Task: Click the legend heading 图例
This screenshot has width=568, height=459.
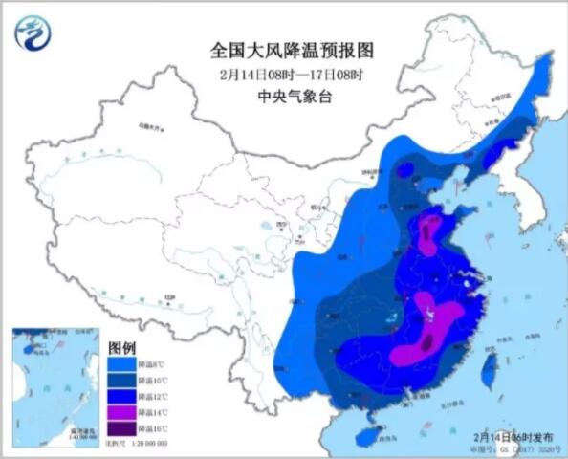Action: (122, 346)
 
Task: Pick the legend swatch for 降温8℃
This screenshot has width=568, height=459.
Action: (121, 364)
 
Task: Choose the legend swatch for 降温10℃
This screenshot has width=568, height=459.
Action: (121, 381)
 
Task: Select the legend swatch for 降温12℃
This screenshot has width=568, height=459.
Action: (121, 396)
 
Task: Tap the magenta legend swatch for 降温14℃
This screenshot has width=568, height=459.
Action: (121, 411)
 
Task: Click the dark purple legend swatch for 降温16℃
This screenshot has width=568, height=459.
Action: (121, 427)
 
